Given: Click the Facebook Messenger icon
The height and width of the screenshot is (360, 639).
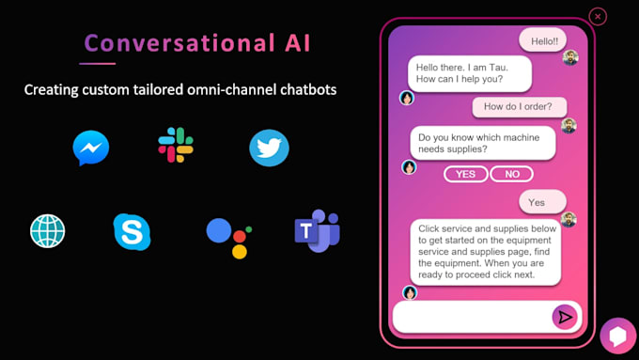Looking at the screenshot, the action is (91, 148).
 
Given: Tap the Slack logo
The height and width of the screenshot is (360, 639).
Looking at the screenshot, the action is (176, 145).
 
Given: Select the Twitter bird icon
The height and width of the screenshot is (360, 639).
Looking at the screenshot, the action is (269, 148).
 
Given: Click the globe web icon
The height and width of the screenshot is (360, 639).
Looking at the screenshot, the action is (48, 231).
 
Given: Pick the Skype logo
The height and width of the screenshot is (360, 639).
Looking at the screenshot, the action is (132, 231).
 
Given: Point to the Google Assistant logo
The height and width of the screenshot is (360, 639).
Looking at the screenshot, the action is (229, 238).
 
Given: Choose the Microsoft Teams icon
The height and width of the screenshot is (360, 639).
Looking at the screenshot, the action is (317, 230).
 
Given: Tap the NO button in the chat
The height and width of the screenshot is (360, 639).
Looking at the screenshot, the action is (512, 174).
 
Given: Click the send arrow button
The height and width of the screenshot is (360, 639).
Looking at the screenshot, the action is (565, 317).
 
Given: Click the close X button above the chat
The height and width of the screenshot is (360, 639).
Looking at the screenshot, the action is (598, 17).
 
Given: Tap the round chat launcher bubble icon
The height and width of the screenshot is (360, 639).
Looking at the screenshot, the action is (617, 336).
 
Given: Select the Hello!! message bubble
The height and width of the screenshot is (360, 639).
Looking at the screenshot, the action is (543, 40).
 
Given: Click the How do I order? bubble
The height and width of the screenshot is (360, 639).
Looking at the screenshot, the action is (519, 107).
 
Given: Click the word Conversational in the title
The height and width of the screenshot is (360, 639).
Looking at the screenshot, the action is (179, 43).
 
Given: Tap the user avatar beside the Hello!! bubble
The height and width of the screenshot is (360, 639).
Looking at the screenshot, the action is (570, 57).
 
